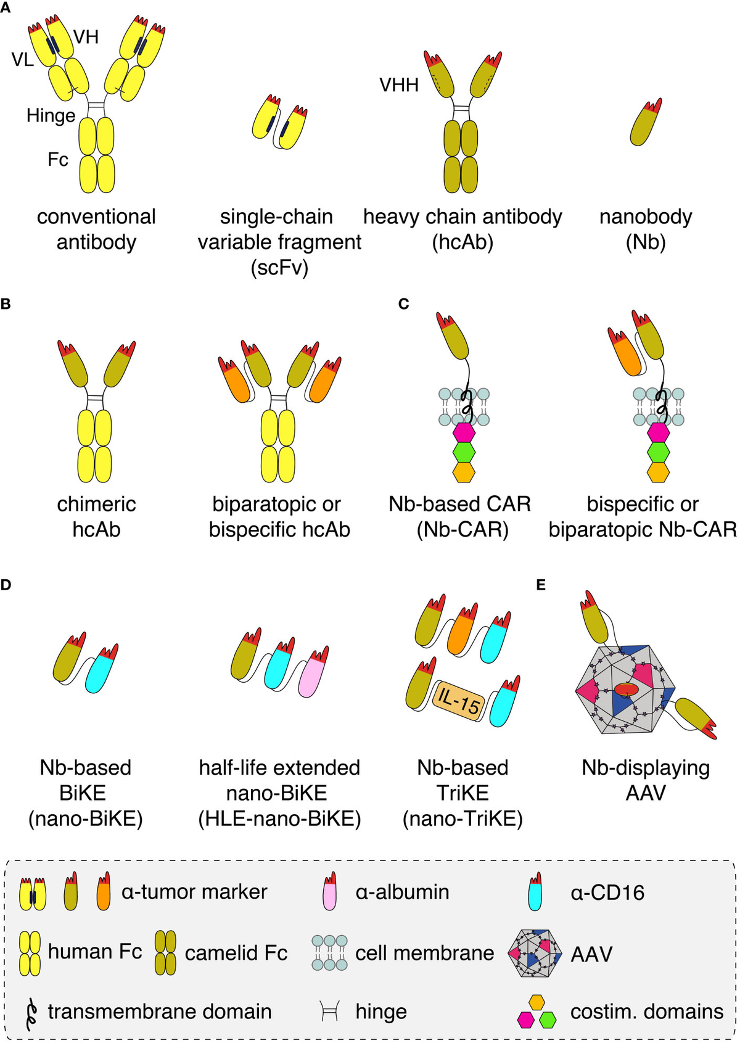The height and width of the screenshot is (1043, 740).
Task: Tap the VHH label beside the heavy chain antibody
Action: [x=399, y=85]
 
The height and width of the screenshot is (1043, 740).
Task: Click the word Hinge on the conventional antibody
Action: [x=51, y=115]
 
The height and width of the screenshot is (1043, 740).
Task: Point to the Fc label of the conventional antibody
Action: [x=57, y=160]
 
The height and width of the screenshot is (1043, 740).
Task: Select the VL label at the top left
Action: [x=23, y=60]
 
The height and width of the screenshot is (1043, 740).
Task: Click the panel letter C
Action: [x=404, y=304]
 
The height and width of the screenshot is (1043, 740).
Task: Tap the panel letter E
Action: [x=541, y=585]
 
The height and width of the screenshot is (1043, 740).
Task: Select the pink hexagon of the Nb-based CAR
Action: [x=464, y=432]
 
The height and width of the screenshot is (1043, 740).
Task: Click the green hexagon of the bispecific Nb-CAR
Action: [x=658, y=452]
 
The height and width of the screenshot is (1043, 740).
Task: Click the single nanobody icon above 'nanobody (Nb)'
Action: [x=645, y=123]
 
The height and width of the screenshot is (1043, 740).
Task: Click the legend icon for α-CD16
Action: [x=535, y=893]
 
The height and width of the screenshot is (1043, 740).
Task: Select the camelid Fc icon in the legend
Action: [x=165, y=953]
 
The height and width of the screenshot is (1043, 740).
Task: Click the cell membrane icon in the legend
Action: [x=329, y=953]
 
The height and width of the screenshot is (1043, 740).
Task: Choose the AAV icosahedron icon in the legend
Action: [x=535, y=953]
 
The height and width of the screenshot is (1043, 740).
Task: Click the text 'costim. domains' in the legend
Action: [x=646, y=1012]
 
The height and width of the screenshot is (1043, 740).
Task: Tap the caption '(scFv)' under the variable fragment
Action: [x=279, y=268]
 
